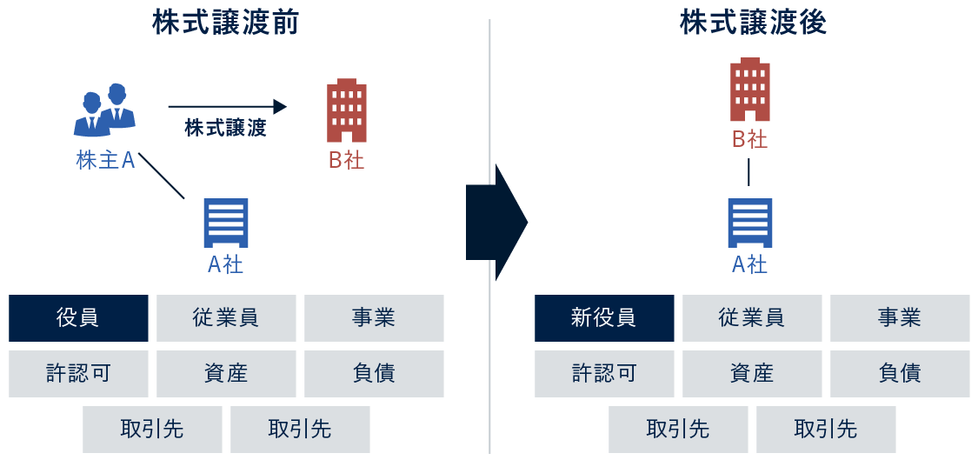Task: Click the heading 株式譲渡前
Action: click(x=225, y=23)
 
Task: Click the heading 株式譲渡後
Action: click(x=753, y=23)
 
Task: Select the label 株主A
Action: click(x=105, y=161)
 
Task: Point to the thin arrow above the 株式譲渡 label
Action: click(x=227, y=107)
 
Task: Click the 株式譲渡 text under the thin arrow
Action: click(x=225, y=129)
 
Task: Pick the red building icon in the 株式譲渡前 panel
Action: click(x=346, y=111)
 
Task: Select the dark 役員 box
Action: click(x=78, y=318)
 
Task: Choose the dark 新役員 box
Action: click(x=604, y=318)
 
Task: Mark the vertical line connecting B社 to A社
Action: click(x=749, y=172)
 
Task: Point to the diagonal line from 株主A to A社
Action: click(x=162, y=177)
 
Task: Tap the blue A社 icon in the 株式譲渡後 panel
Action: click(x=749, y=223)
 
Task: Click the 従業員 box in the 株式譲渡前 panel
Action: click(x=226, y=318)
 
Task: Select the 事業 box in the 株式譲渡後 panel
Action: click(x=900, y=318)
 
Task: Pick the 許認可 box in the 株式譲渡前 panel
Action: click(x=78, y=374)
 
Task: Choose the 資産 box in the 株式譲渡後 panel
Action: click(x=752, y=374)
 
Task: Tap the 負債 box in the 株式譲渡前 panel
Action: click(x=374, y=374)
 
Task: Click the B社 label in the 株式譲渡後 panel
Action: click(x=749, y=139)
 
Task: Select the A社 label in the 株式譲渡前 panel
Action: click(x=225, y=264)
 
